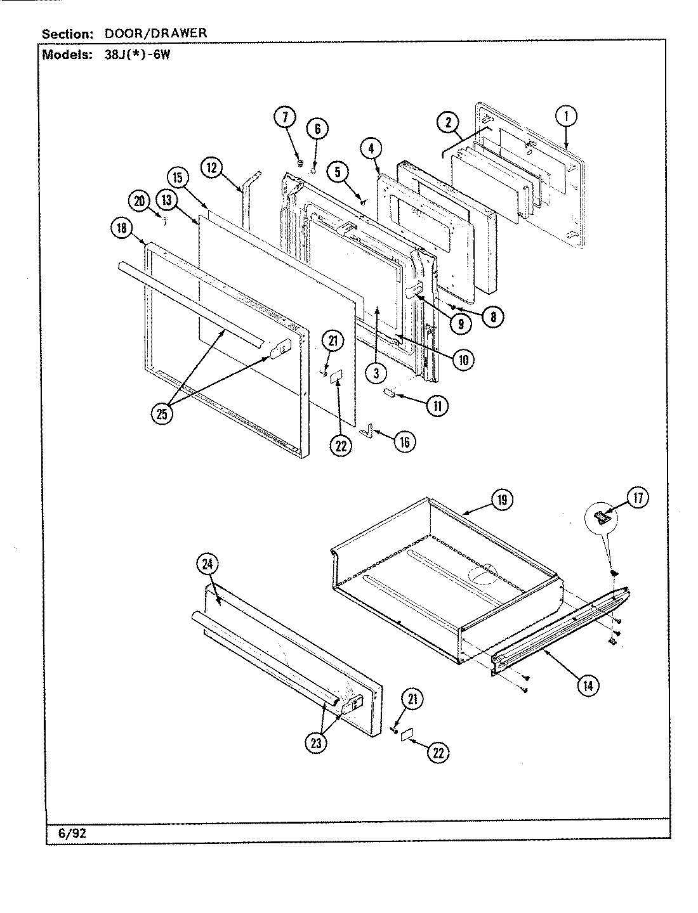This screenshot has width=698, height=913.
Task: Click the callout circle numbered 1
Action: (x=566, y=116)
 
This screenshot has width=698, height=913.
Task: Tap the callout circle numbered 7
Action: (x=285, y=117)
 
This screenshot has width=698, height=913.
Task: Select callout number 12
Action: (x=213, y=167)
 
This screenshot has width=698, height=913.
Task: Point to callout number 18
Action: (x=121, y=229)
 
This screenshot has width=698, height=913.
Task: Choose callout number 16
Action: (x=404, y=442)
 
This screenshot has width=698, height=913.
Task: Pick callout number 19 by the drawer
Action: (x=501, y=500)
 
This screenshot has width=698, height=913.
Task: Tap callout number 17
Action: (x=637, y=498)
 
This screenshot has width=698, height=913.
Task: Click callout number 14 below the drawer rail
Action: (x=589, y=684)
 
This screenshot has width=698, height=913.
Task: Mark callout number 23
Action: (x=315, y=743)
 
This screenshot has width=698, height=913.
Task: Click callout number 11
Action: (x=437, y=405)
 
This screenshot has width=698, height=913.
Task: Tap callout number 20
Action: (x=140, y=200)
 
